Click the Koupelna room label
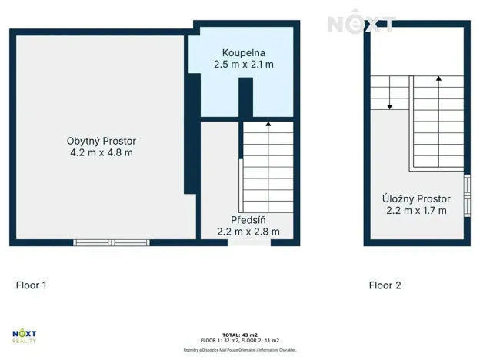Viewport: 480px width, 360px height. (x=243, y=52)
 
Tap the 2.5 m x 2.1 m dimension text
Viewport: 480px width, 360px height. (x=243, y=65)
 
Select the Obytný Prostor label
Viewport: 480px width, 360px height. (x=101, y=141)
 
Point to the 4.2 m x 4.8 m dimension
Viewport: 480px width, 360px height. (x=101, y=153)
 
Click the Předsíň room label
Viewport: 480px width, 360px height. (x=247, y=218)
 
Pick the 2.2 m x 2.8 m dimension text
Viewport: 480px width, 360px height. (x=248, y=231)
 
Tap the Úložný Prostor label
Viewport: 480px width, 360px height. (x=416, y=198)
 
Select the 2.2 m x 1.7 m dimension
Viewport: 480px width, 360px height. (x=416, y=211)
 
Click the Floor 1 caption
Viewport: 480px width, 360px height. (x=32, y=285)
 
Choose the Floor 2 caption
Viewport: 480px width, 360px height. (x=385, y=285)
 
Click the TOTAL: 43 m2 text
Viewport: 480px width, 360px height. (x=239, y=335)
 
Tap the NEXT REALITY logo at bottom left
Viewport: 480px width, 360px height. (x=25, y=337)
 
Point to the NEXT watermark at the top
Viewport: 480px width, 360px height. (x=362, y=24)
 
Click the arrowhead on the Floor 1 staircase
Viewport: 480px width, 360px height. (x=268, y=123)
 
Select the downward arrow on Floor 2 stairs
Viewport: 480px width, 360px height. (x=390, y=106)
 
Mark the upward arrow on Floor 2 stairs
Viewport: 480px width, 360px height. (x=438, y=78)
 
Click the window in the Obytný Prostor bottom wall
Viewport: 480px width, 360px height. (x=112, y=243)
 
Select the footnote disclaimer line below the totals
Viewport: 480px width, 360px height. (x=239, y=349)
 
